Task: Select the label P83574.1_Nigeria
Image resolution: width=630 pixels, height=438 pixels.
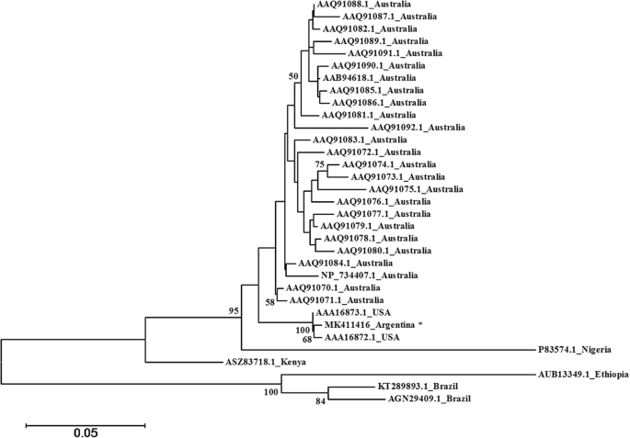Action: [x=575, y=350]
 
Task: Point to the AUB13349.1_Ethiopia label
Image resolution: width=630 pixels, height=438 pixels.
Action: [x=582, y=376]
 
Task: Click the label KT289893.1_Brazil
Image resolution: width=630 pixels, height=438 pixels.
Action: [x=418, y=387]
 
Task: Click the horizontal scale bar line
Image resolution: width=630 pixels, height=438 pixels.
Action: [x=85, y=424]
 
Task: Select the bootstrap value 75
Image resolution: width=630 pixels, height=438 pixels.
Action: [x=320, y=163]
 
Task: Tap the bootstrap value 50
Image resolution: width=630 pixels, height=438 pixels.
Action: [x=294, y=76]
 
